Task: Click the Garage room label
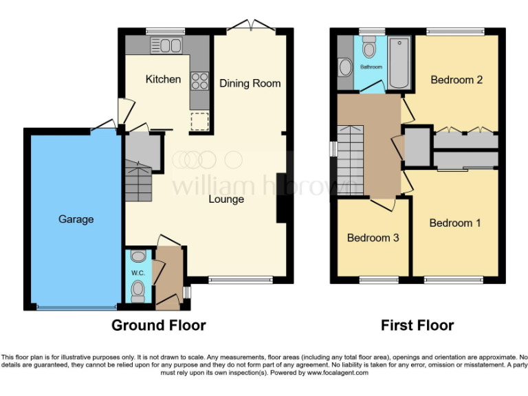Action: point(76,219)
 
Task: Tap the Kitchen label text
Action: point(163,79)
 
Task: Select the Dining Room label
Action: point(250,83)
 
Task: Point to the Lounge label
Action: point(226,199)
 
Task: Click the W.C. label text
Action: point(137,272)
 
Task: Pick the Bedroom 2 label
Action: point(456,80)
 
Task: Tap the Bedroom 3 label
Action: point(373,238)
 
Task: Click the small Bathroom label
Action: point(371,67)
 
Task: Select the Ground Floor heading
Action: point(159,325)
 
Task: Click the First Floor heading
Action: point(417,325)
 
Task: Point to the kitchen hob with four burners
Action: point(199,81)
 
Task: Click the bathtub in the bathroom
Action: point(399,64)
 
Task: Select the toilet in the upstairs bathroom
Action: point(370,47)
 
